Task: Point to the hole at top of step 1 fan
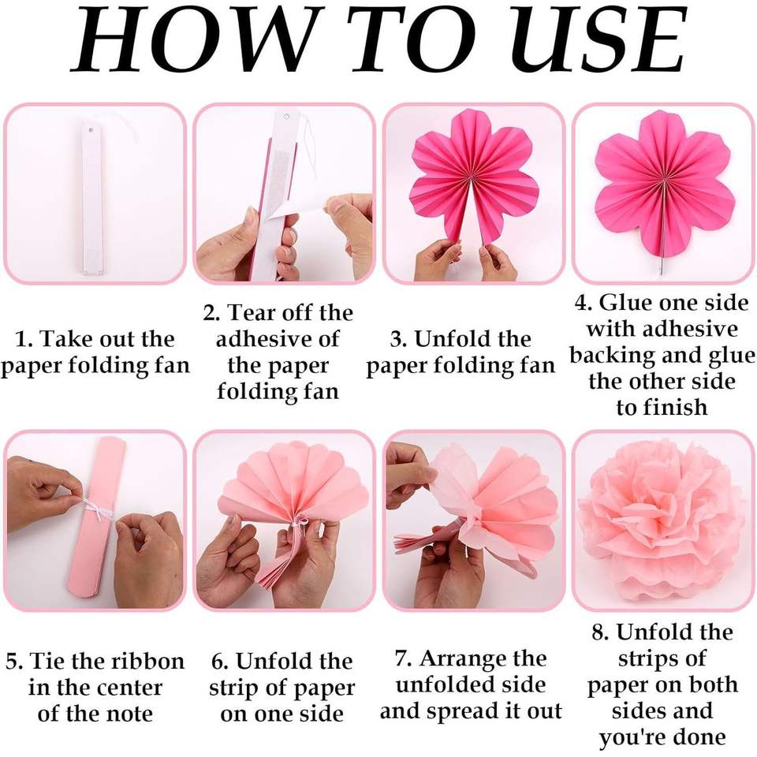[x=90, y=130]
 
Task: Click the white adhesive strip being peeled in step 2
[x=294, y=210]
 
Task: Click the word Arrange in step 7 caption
[x=483, y=659]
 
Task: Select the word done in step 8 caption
[x=699, y=737]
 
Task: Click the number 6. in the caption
[x=220, y=661]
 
